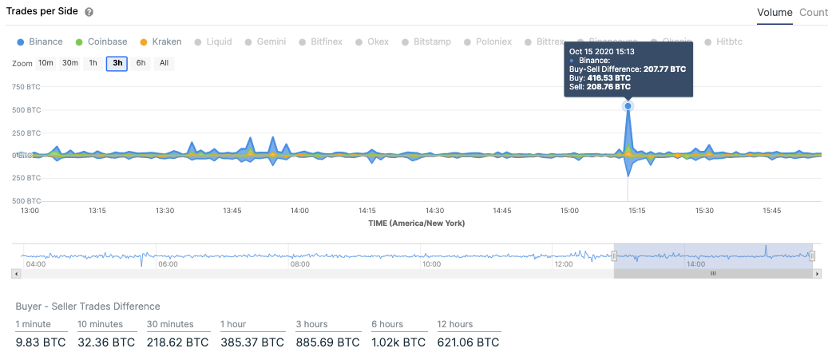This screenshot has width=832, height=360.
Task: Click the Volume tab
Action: [775, 13]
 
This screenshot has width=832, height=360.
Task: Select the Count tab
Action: [814, 13]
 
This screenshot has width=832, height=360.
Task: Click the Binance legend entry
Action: [40, 42]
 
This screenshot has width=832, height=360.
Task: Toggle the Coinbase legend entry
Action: [101, 42]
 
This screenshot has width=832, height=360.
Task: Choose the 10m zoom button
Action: [46, 64]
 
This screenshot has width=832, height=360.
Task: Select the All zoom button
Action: [164, 64]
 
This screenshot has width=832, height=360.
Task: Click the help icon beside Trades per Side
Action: [89, 13]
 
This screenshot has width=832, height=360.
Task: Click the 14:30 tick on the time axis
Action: [434, 211]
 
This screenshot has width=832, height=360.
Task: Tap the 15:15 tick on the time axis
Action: [636, 211]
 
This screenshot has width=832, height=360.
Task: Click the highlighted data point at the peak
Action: [628, 106]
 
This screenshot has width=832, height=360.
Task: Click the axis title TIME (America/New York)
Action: [416, 224]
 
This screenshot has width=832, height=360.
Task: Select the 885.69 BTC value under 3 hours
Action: [327, 342]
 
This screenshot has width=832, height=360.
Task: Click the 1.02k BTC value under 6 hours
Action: [399, 342]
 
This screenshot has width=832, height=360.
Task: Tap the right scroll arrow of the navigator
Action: [816, 273]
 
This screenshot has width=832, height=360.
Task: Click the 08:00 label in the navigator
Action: [300, 263]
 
